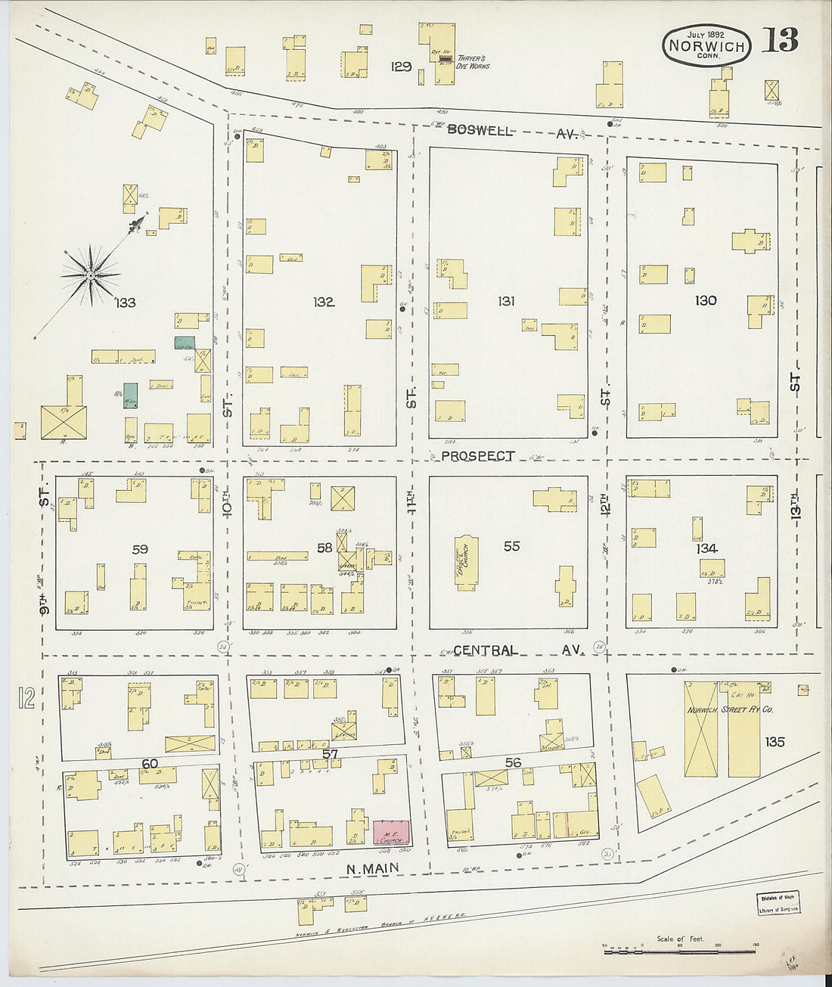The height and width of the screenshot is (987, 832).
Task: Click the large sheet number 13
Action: pyautogui.click(x=780, y=41)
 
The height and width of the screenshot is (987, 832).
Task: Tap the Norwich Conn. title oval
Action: pyautogui.click(x=706, y=45)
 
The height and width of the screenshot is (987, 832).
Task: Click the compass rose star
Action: pyautogui.click(x=91, y=275)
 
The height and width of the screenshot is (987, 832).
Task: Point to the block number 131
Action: pyautogui.click(x=506, y=301)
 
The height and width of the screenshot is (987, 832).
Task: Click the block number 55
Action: pyautogui.click(x=511, y=545)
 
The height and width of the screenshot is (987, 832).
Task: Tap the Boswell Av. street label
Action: pyautogui.click(x=512, y=131)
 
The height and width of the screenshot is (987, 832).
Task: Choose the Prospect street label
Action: pyautogui.click(x=478, y=456)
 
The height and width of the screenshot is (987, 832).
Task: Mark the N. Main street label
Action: pyautogui.click(x=373, y=870)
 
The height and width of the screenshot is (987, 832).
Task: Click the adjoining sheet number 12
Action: pyautogui.click(x=26, y=697)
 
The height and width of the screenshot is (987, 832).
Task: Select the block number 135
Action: pyautogui.click(x=775, y=741)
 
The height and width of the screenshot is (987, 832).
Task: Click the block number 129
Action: pyautogui.click(x=401, y=67)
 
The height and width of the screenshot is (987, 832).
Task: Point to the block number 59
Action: pyautogui.click(x=140, y=549)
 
